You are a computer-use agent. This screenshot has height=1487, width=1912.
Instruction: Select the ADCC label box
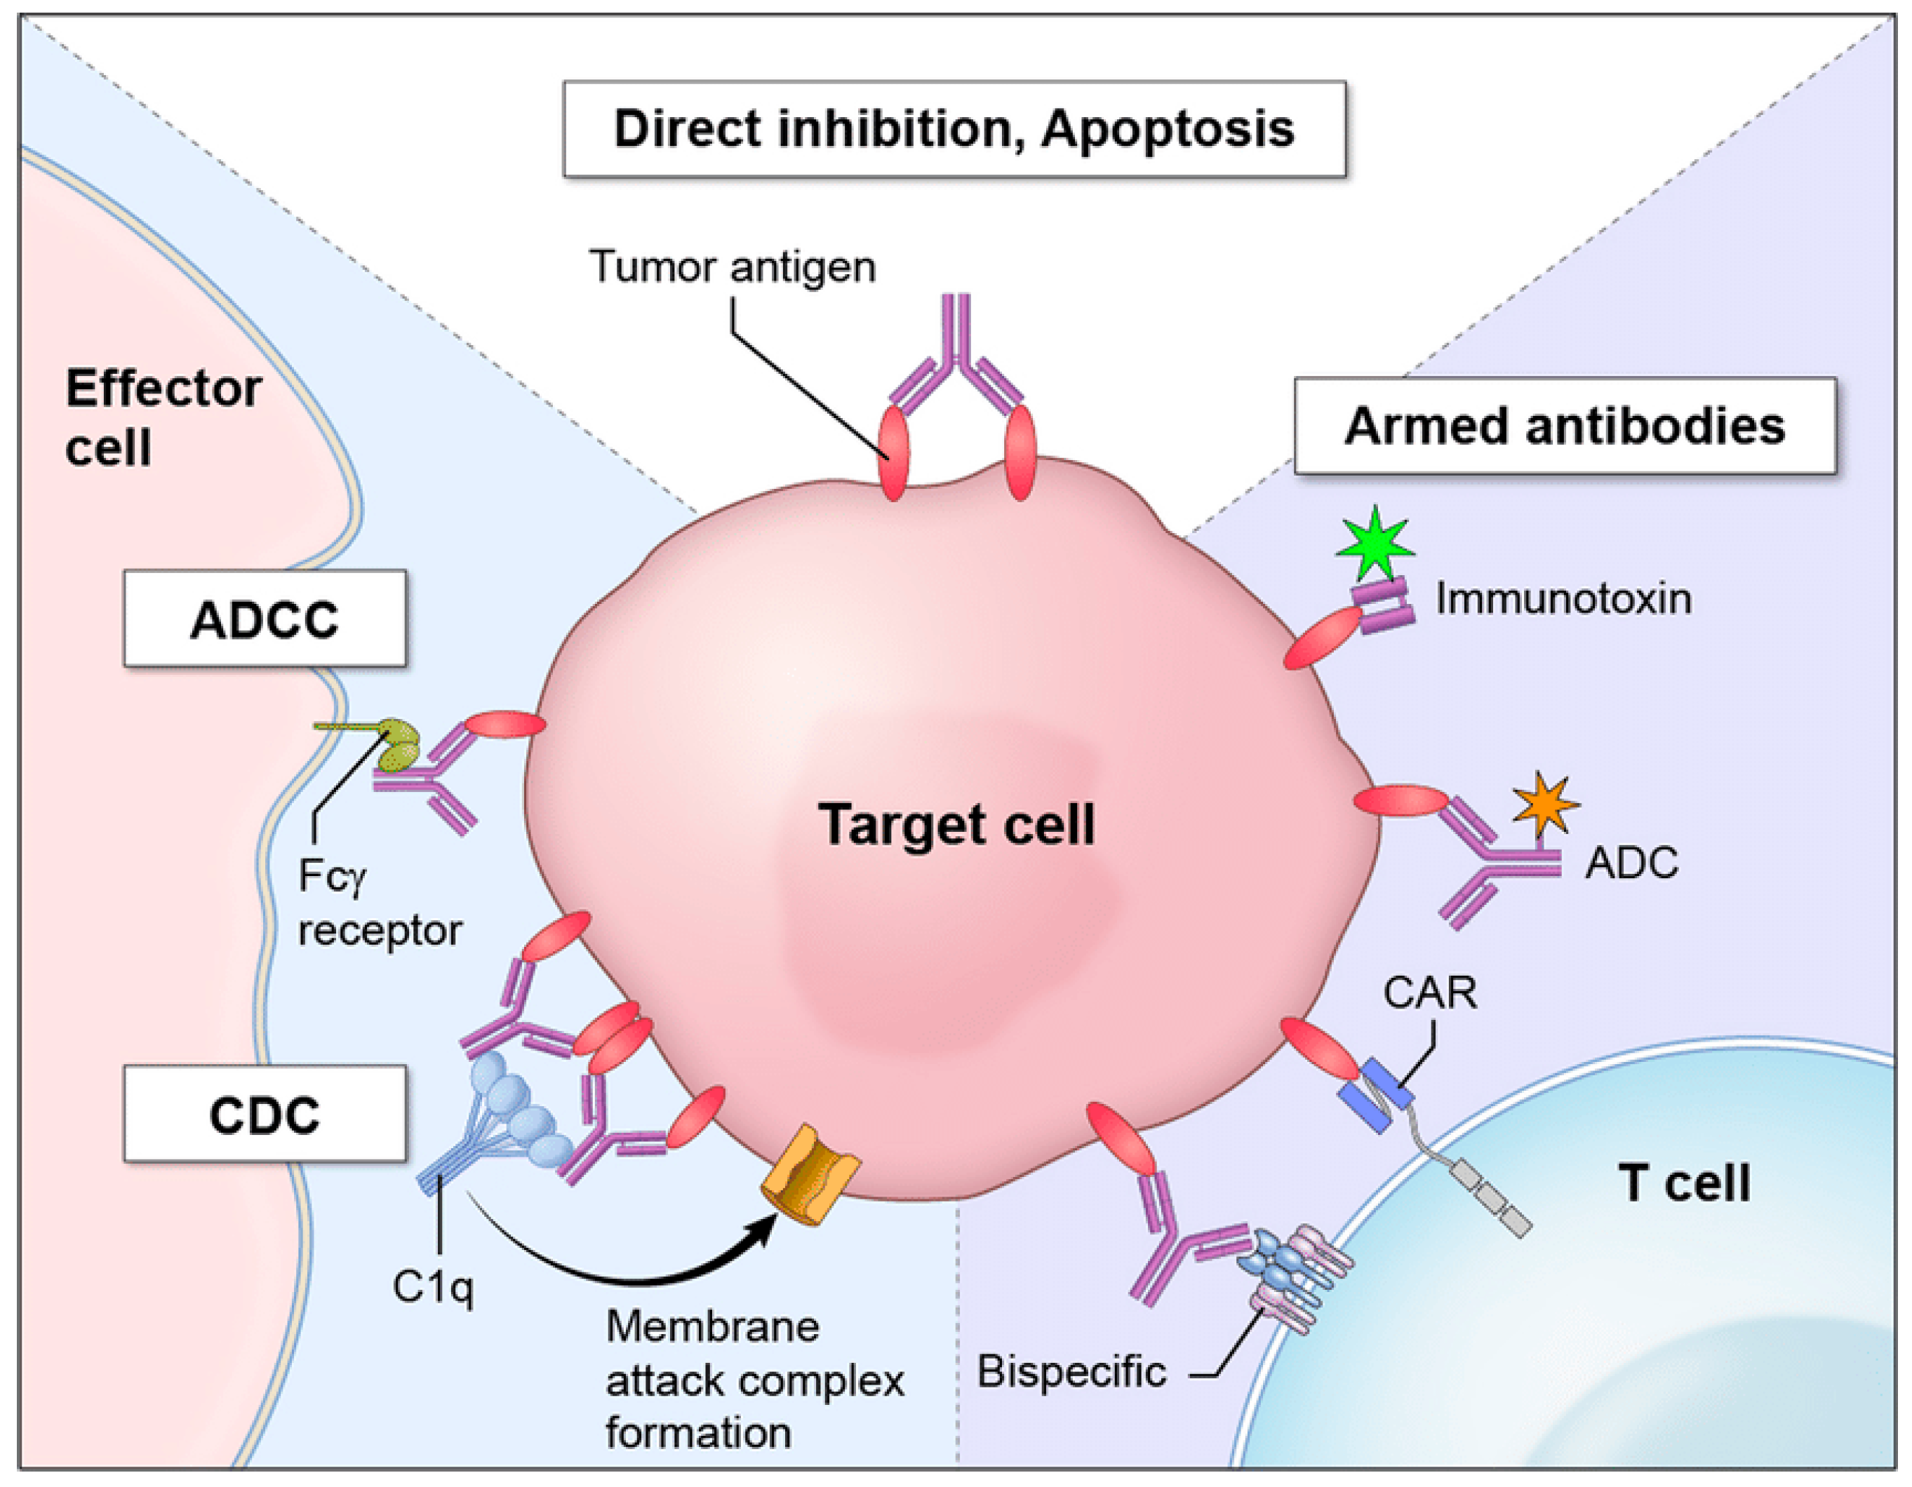click(265, 619)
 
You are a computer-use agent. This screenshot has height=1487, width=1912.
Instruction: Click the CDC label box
click(265, 1114)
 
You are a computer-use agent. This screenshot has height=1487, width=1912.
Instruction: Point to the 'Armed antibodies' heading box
click(1565, 426)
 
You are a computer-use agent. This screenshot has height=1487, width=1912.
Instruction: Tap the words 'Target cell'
click(956, 824)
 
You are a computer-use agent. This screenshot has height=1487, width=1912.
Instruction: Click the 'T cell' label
click(1683, 1183)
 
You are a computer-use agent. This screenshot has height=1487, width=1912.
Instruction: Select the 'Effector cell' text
click(162, 417)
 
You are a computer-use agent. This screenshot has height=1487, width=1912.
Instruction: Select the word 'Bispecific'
click(1071, 1371)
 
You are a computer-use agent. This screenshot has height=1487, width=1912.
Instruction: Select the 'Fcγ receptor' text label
click(378, 903)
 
